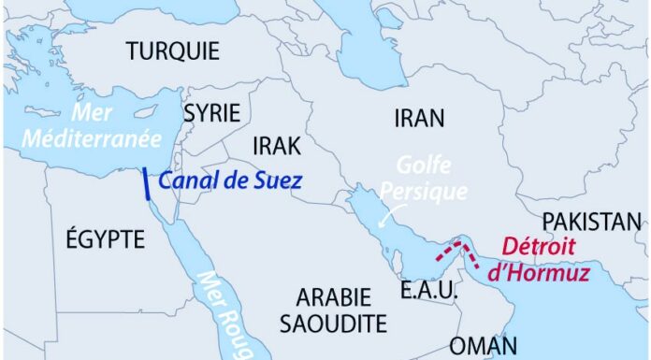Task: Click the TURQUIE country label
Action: click(173, 50)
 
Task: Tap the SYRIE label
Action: click(211, 113)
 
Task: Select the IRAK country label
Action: click(276, 147)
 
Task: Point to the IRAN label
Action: click(419, 118)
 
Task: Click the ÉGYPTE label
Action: click(106, 238)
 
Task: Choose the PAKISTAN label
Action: click(593, 222)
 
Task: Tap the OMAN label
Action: click(483, 345)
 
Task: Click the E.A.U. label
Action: click(428, 291)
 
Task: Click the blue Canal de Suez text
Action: click(229, 181)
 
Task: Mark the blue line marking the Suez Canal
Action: click(146, 184)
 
